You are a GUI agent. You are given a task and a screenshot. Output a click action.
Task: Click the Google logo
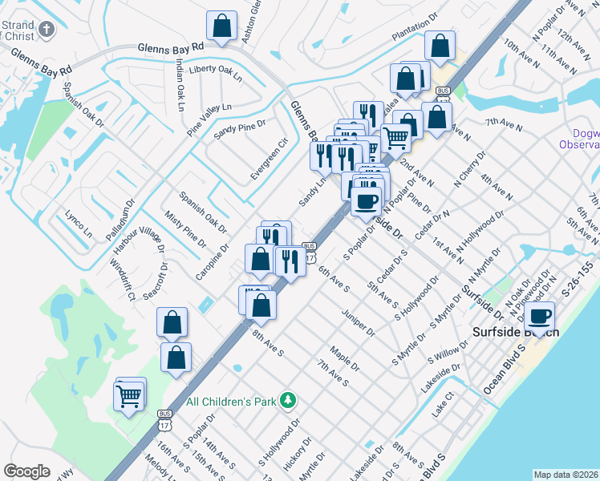26,471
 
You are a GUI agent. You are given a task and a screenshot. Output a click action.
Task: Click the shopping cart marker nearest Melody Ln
129,393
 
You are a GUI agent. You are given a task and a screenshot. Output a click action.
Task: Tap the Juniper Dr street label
359,322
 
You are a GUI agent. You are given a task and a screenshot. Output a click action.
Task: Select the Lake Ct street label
442,403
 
